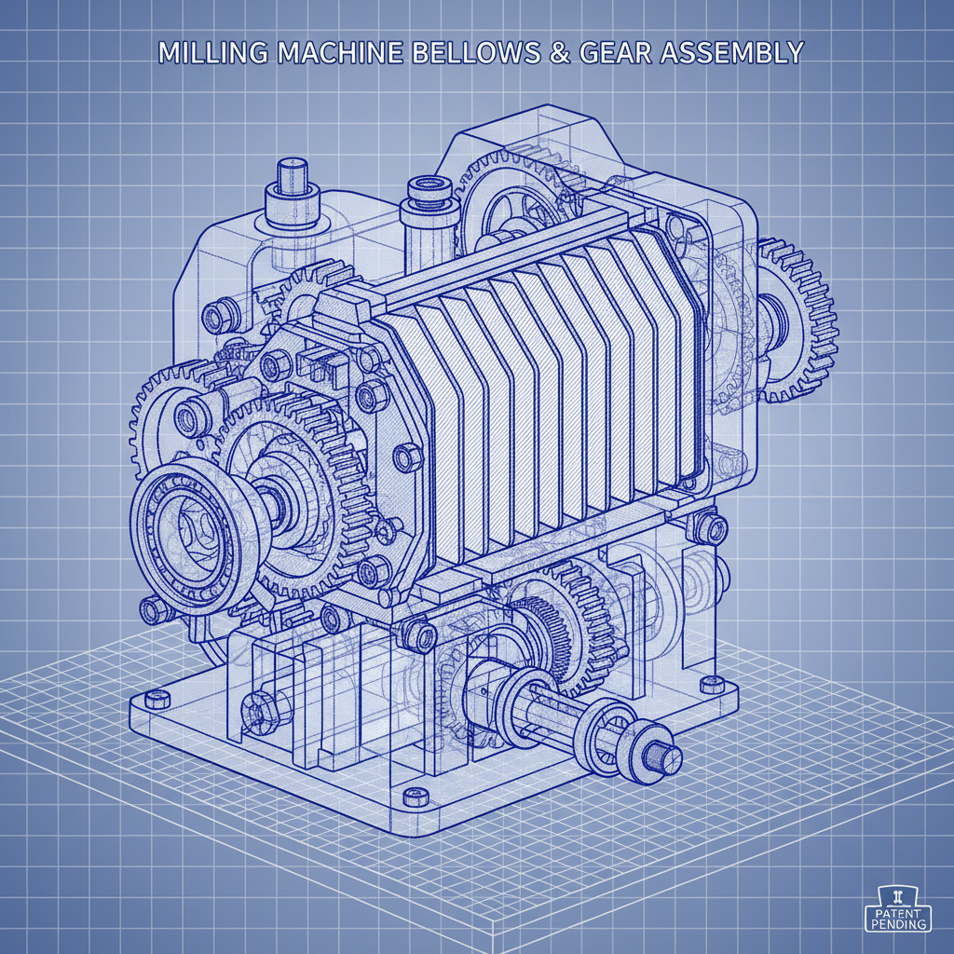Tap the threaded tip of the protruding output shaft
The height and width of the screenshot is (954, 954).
(x=667, y=758)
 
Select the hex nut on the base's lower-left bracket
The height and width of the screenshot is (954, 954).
(x=254, y=712)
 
